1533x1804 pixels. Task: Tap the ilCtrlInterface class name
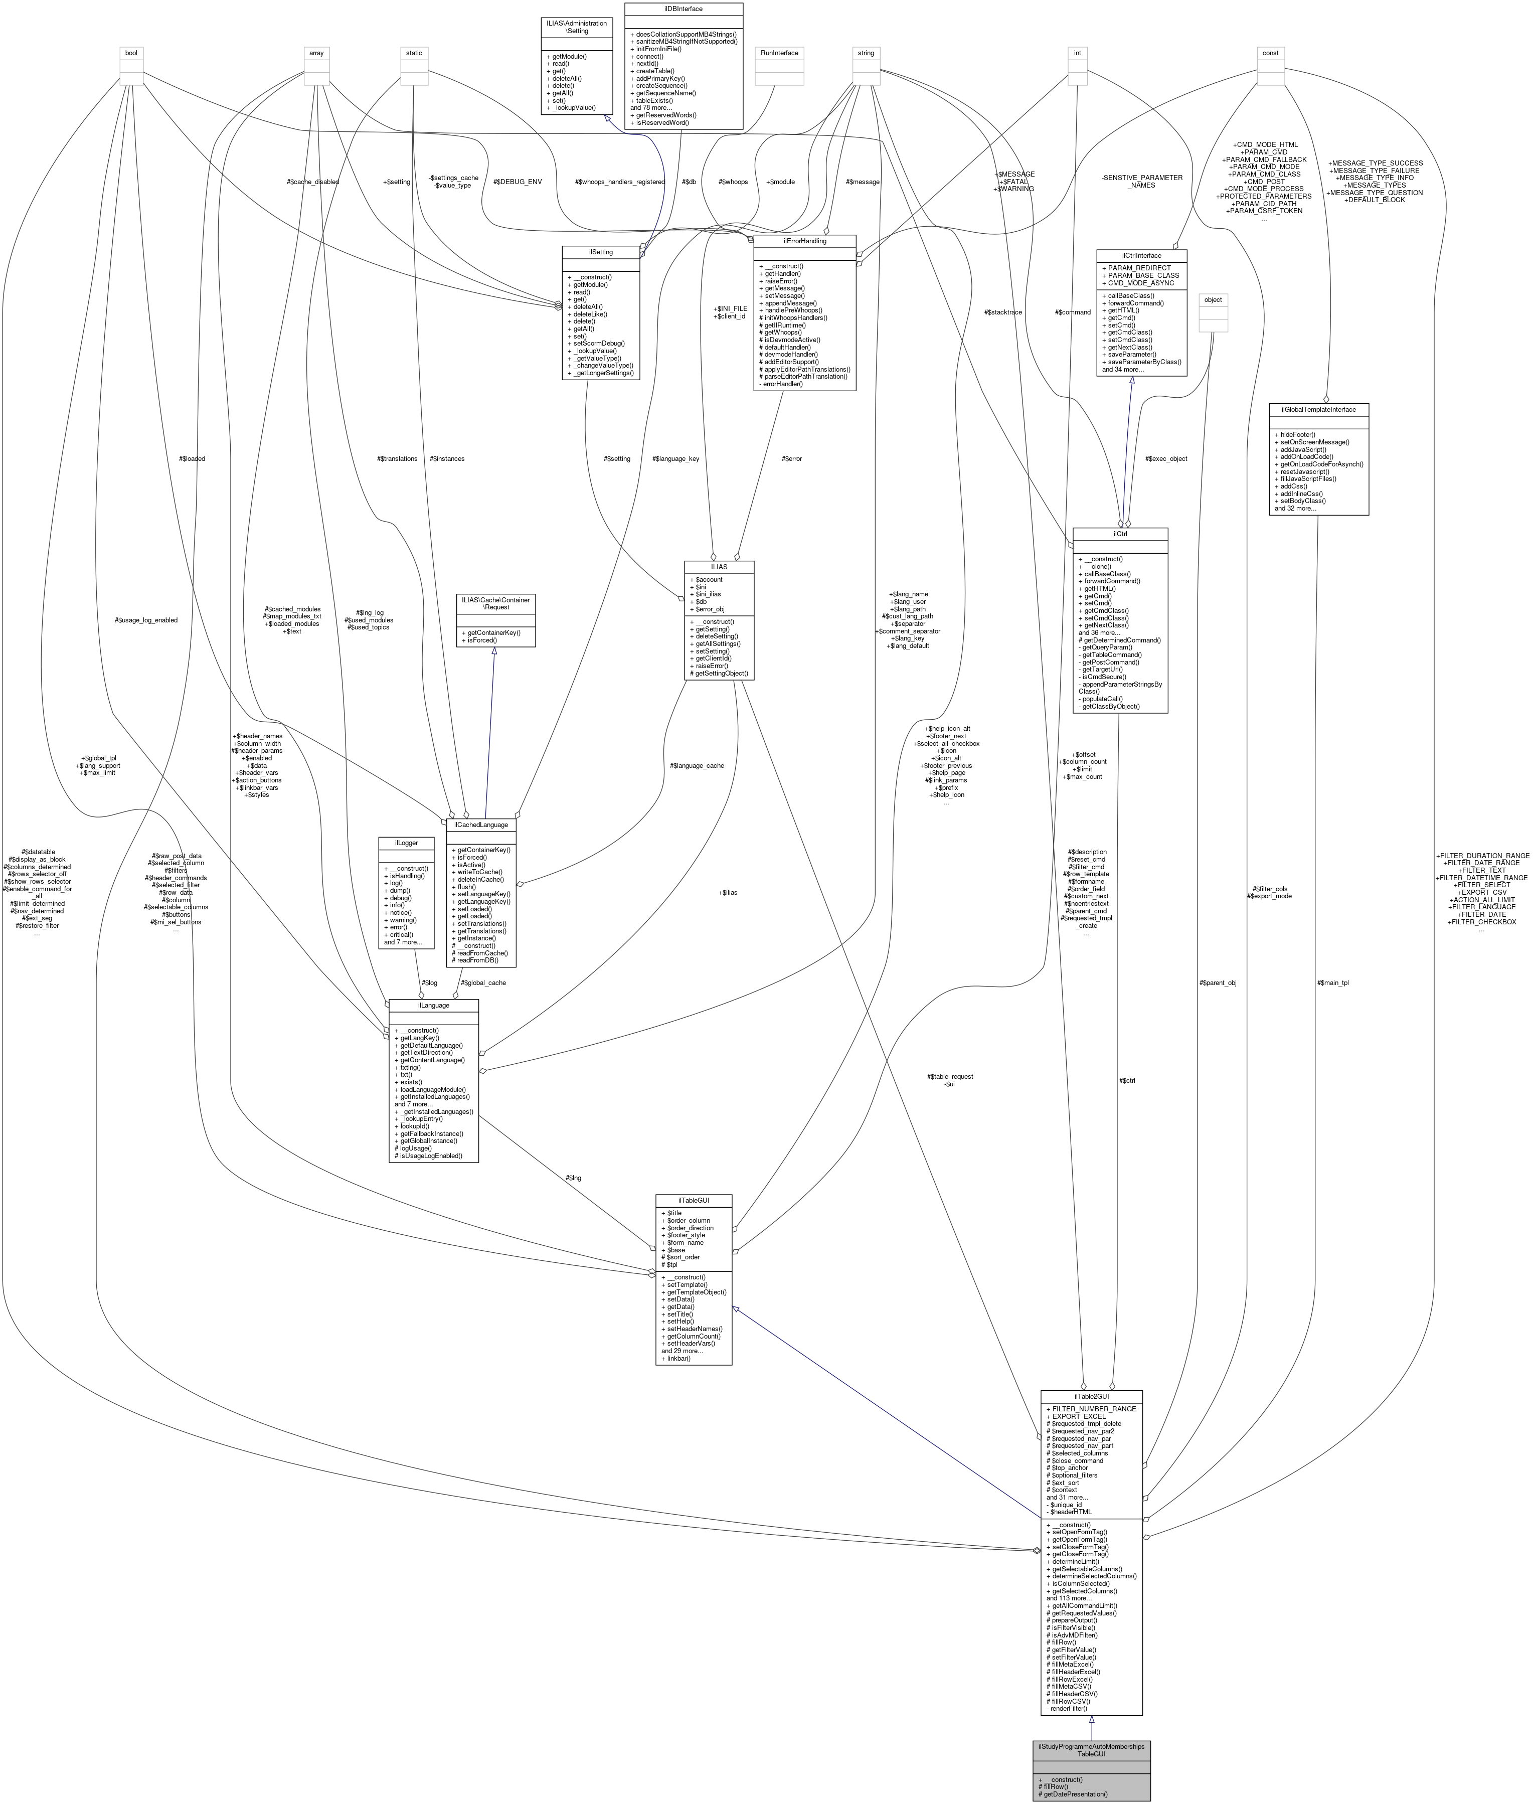[x=1141, y=255]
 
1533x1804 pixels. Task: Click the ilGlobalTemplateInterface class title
[x=1318, y=409]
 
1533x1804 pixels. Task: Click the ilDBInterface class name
[x=683, y=9]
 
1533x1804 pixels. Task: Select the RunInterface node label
[x=779, y=53]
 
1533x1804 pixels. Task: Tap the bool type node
[x=131, y=53]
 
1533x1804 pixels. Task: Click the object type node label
[x=1213, y=300]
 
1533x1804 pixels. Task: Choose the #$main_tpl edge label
[x=1332, y=983]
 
